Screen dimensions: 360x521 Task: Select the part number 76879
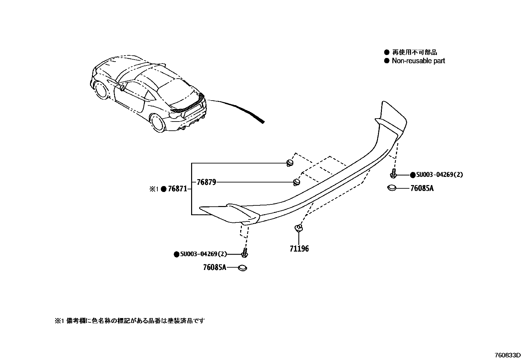coord(206,182)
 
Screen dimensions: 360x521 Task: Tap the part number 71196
coord(299,249)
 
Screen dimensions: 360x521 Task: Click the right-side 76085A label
coord(422,188)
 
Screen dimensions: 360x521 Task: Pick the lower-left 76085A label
coord(214,268)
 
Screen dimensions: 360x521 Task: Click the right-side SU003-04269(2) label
coord(440,175)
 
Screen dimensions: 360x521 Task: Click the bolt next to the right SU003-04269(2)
coord(393,173)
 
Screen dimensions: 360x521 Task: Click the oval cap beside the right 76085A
coord(391,188)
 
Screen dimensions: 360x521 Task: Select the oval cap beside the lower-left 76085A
coord(242,268)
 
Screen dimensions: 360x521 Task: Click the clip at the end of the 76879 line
coord(296,182)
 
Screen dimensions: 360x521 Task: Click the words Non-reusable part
coord(418,61)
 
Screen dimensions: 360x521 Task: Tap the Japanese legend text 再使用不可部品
coord(414,52)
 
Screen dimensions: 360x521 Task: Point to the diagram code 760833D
coord(507,355)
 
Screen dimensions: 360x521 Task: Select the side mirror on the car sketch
coord(122,87)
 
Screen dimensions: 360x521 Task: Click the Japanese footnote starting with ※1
coord(130,321)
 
